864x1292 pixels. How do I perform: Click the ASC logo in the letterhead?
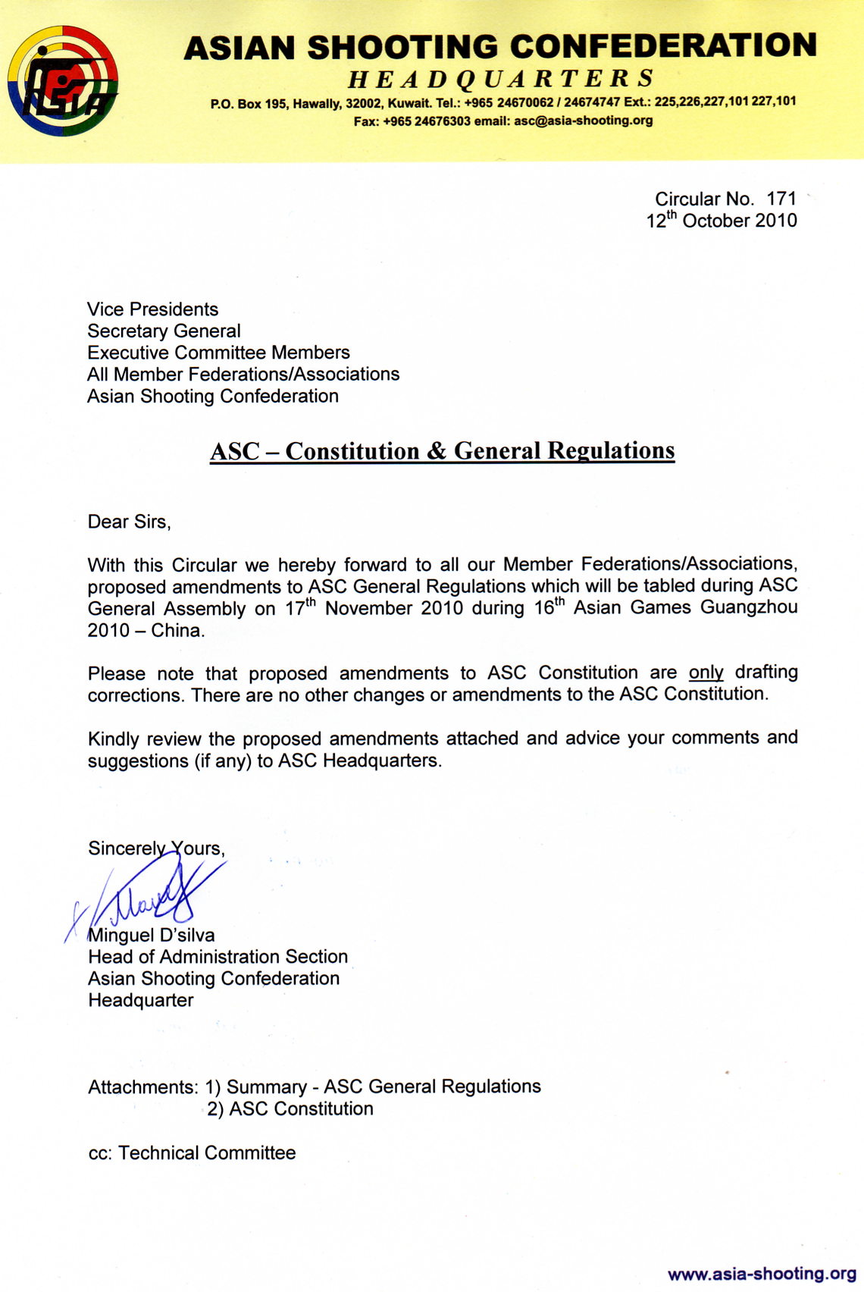point(63,81)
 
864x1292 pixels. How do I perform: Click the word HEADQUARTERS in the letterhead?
point(501,78)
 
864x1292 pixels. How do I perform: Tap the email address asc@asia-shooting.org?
point(583,121)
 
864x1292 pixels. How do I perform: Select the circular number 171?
point(781,199)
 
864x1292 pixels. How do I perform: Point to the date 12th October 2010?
point(721,221)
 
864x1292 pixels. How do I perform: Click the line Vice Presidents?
point(152,309)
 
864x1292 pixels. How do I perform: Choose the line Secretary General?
point(164,331)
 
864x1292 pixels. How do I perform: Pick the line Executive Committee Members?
point(218,353)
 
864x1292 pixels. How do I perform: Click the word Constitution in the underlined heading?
point(352,451)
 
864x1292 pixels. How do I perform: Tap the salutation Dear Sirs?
point(129,522)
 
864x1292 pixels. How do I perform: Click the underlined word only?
point(706,673)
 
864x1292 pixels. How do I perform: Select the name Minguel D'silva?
point(152,935)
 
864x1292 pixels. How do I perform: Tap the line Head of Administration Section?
point(218,957)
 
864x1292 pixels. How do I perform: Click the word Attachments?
point(142,1087)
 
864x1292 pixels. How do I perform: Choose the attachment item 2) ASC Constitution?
point(290,1109)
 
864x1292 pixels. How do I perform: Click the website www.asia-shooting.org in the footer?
point(762,1273)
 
